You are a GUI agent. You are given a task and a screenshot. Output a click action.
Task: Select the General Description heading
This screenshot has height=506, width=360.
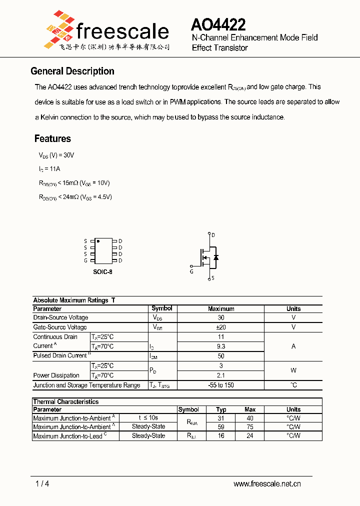tap(72, 71)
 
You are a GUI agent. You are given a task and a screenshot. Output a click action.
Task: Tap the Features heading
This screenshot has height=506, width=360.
tap(52, 138)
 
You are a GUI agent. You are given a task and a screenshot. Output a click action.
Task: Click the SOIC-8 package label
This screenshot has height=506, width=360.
tap(102, 271)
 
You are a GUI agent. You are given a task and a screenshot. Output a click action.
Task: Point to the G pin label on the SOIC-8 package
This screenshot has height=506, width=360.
tap(85, 260)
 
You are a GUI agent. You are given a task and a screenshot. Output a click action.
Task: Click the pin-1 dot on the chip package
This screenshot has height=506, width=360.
tap(98, 241)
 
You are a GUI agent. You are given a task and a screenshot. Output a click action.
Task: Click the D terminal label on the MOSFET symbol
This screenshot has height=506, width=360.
tap(213, 235)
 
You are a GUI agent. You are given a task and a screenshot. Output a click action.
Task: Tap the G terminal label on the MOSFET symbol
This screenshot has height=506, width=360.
tap(191, 271)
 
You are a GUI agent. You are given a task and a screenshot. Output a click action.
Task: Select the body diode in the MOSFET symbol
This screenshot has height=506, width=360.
tap(215, 257)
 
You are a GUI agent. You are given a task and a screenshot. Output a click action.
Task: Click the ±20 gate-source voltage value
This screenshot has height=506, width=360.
tap(220, 327)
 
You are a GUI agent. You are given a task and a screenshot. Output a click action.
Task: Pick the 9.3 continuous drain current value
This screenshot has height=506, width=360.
tap(220, 346)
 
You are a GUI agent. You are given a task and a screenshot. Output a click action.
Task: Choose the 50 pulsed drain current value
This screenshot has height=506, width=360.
tap(220, 356)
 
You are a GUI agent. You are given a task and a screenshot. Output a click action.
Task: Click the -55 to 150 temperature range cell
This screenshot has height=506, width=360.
tap(220, 385)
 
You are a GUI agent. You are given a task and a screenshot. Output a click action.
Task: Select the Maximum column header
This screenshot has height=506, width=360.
tap(220, 309)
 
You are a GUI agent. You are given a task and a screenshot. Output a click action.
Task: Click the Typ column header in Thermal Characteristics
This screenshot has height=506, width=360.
tap(221, 409)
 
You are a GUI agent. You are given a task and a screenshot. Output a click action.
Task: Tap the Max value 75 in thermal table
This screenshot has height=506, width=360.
tap(250, 427)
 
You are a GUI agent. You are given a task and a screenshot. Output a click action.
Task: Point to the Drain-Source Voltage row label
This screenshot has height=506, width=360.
tap(60, 317)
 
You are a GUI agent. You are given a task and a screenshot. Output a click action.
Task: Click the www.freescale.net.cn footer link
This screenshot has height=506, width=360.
tap(267, 483)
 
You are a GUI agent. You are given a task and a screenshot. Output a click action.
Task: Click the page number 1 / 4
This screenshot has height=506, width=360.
tap(42, 483)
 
